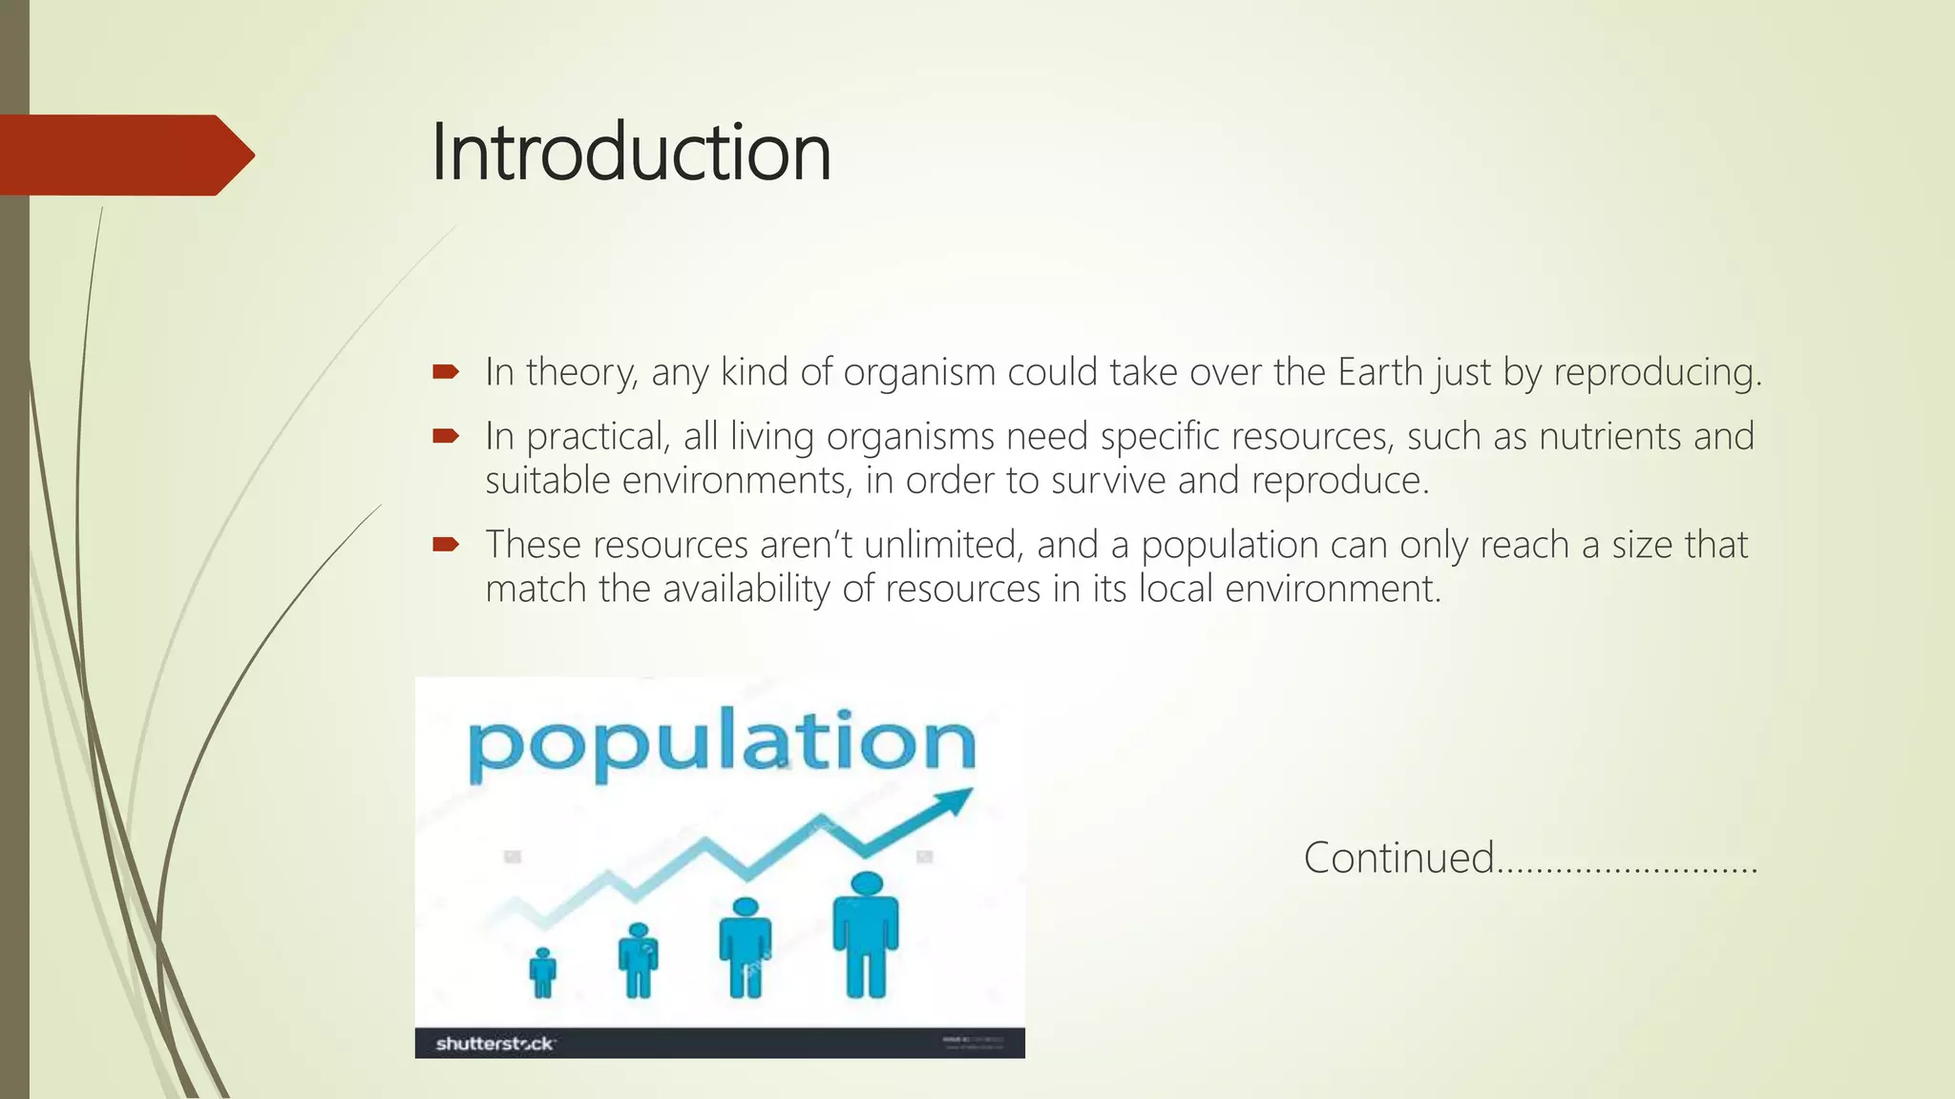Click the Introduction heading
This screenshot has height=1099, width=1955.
pyautogui.click(x=630, y=153)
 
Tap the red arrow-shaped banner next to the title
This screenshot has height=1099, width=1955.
pyautogui.click(x=124, y=155)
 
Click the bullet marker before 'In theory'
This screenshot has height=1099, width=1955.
pyautogui.click(x=446, y=371)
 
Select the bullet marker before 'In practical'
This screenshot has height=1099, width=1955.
pyautogui.click(x=446, y=436)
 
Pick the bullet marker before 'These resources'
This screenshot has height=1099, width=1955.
pyautogui.click(x=446, y=545)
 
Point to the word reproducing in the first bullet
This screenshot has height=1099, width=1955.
pyautogui.click(x=1656, y=373)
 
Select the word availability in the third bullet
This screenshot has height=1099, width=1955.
pyautogui.click(x=746, y=589)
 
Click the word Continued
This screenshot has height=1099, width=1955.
pyautogui.click(x=1398, y=857)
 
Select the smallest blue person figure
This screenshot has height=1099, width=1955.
pyautogui.click(x=542, y=973)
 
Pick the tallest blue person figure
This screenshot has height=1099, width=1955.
pyautogui.click(x=866, y=937)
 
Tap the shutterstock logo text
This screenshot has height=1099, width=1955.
pyautogui.click(x=494, y=1044)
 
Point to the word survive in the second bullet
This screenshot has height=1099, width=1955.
pyautogui.click(x=1108, y=480)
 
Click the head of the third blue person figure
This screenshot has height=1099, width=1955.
pyautogui.click(x=746, y=907)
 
